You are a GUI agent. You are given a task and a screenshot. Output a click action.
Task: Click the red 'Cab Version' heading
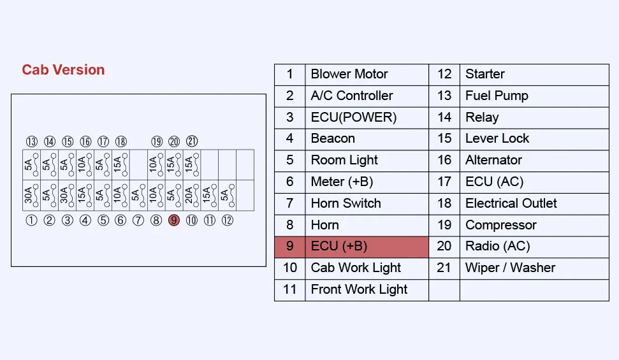pyautogui.click(x=63, y=70)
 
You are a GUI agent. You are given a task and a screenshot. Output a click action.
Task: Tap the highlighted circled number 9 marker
pyautogui.click(x=173, y=220)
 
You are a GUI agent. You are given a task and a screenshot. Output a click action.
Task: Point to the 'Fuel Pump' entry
pyautogui.click(x=497, y=96)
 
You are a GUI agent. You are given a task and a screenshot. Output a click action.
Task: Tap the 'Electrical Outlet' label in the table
pyautogui.click(x=511, y=203)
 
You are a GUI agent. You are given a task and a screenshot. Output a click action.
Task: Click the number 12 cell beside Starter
pyautogui.click(x=444, y=74)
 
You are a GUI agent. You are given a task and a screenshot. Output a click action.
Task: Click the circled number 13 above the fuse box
pyautogui.click(x=32, y=141)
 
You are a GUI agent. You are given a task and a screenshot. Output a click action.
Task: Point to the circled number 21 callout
pyautogui.click(x=192, y=141)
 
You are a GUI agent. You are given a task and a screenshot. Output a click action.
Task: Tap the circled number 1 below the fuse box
pyautogui.click(x=31, y=220)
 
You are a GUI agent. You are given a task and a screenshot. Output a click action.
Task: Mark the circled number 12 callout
pyautogui.click(x=228, y=220)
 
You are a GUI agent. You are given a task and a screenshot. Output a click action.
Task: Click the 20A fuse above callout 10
pyautogui.click(x=192, y=196)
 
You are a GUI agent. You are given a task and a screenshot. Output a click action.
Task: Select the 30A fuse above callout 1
pyautogui.click(x=32, y=196)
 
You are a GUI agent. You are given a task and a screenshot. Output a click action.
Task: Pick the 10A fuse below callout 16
pyautogui.click(x=85, y=164)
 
